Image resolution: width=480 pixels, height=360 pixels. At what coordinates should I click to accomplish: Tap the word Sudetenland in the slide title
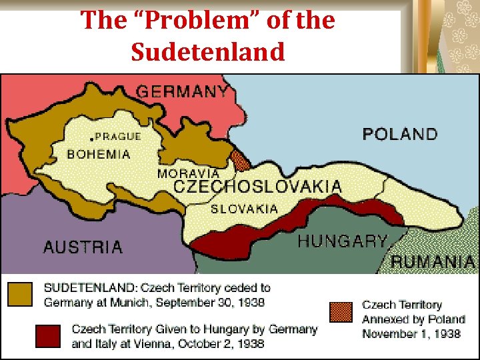(207, 52)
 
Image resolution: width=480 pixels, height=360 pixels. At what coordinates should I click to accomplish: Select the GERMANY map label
(182, 91)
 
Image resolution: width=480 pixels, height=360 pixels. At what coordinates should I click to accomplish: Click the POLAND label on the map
(400, 134)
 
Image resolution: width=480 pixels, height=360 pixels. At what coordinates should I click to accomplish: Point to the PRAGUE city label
(119, 136)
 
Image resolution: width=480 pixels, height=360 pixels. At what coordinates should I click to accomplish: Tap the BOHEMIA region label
(99, 154)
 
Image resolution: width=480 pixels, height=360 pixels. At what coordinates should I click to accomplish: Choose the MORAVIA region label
(188, 173)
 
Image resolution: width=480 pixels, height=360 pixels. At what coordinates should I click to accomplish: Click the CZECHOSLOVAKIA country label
(257, 187)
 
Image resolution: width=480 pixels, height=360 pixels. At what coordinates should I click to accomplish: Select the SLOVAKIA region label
(244, 209)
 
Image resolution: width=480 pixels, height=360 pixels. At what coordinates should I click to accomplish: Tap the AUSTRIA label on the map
(83, 247)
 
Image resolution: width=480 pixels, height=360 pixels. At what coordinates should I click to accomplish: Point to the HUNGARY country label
(342, 241)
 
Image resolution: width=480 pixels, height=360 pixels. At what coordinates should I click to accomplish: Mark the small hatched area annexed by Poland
(239, 159)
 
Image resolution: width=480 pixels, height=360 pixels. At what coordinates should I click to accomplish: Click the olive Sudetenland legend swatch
(19, 294)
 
